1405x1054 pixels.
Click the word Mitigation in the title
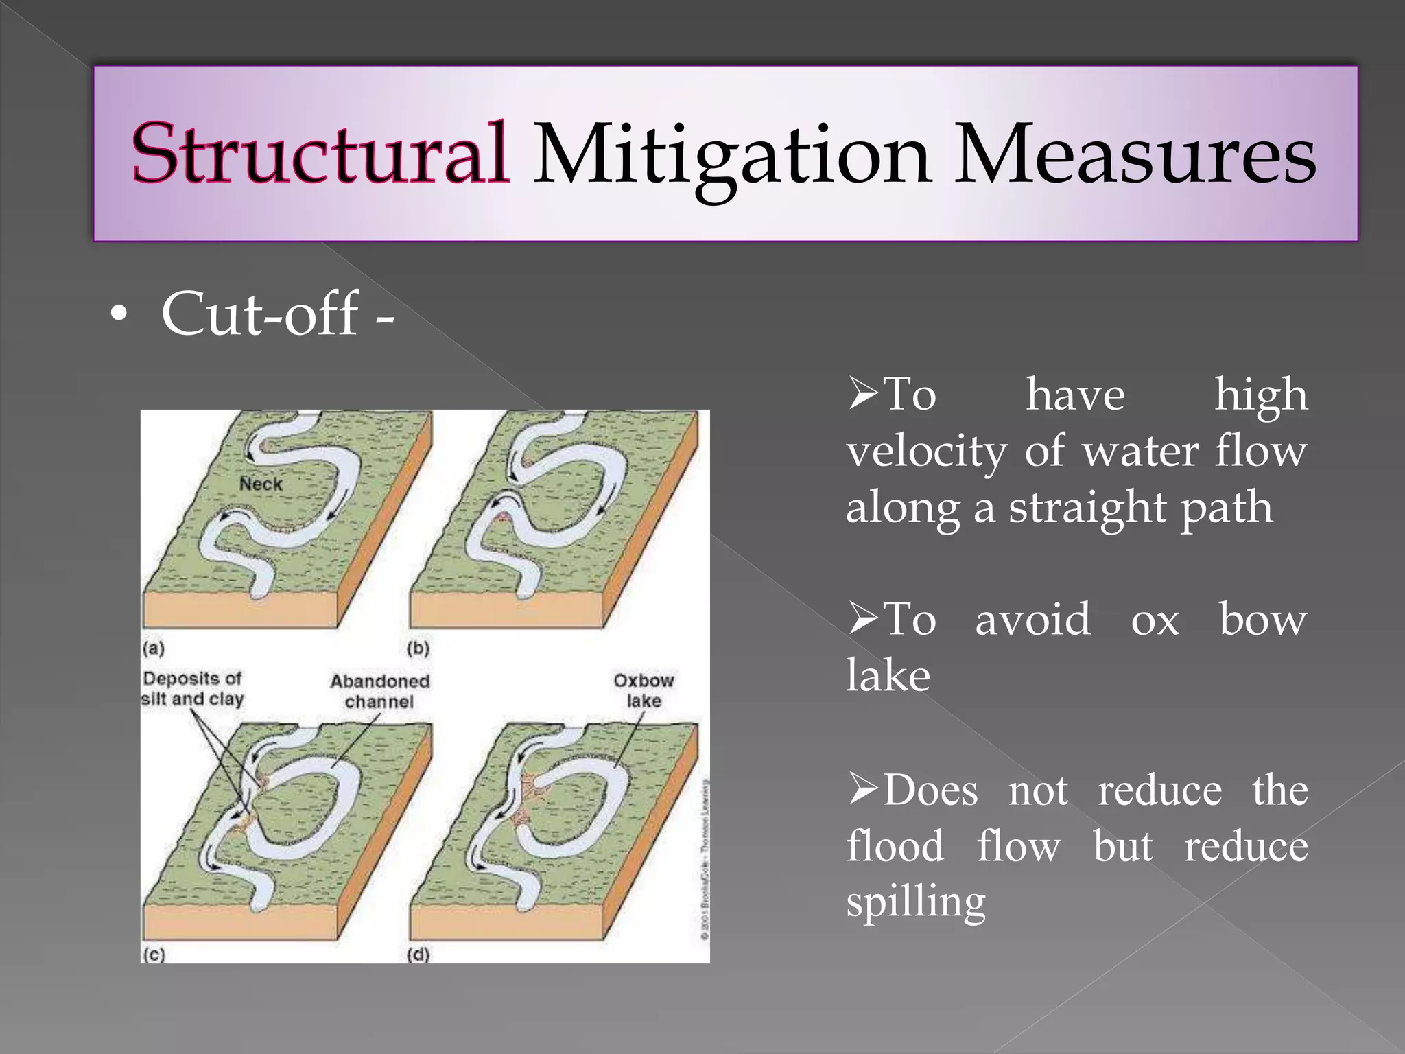731,155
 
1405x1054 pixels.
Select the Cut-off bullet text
277,314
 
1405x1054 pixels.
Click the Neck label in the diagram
261,484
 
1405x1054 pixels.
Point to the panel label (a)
153,647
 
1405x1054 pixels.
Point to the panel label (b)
418,647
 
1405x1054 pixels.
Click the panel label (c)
154,954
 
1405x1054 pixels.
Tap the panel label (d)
418,954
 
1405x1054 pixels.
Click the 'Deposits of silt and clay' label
193,688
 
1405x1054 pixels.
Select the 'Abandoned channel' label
379,691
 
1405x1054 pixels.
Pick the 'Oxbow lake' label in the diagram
644,690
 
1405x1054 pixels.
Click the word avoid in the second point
1032,619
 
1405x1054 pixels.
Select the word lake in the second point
888,675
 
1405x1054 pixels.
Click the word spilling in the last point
915,902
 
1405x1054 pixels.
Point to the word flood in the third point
895,845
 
